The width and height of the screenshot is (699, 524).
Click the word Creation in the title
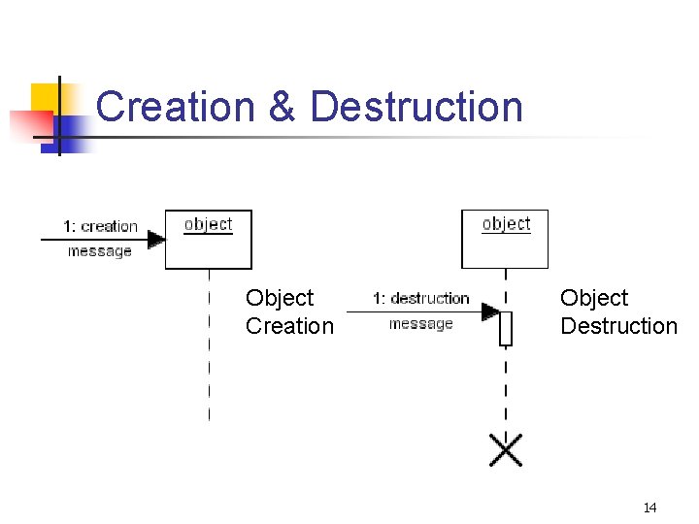click(176, 107)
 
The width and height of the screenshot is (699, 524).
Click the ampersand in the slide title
click(282, 107)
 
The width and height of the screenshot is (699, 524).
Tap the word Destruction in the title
click(416, 107)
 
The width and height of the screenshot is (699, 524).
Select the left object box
click(208, 239)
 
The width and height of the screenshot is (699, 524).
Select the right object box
click(504, 239)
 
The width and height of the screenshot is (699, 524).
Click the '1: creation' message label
click(100, 226)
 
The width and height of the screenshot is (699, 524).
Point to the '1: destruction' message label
click(421, 298)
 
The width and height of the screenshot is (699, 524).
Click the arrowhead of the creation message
click(156, 239)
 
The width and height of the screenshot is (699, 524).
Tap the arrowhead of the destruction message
click(491, 311)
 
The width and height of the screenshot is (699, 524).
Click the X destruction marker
click(505, 449)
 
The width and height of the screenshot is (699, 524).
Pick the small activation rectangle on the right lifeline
click(505, 328)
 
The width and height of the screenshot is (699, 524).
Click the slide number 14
click(649, 508)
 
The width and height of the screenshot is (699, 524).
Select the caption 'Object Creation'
click(289, 311)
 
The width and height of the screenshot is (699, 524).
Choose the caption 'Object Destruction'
click(618, 311)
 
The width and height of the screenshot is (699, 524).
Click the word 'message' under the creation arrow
click(99, 251)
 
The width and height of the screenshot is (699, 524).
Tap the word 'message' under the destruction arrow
click(420, 324)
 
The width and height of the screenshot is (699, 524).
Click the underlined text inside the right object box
click(506, 224)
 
